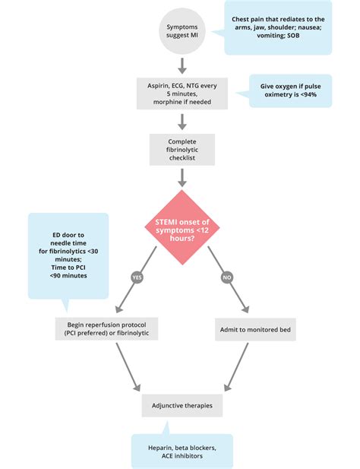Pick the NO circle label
(x=226, y=277)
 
